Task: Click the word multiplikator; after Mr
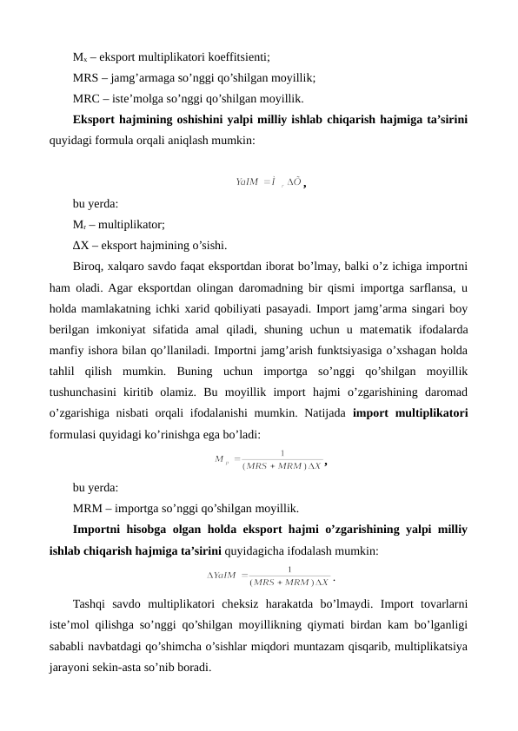click(123, 223)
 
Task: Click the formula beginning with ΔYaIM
click(269, 574)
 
